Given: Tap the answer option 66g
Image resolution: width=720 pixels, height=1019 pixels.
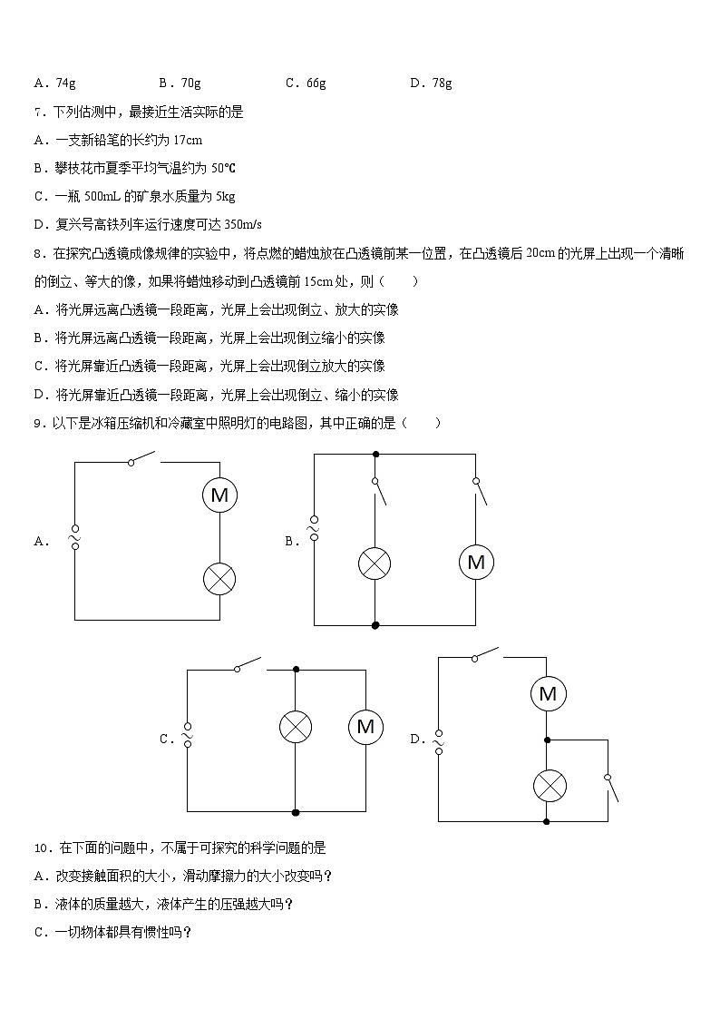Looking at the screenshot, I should pyautogui.click(x=316, y=83).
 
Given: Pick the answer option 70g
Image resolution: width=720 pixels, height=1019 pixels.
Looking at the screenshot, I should pyautogui.click(x=191, y=83).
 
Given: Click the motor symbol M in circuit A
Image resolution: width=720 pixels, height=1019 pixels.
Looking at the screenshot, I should pyautogui.click(x=219, y=495).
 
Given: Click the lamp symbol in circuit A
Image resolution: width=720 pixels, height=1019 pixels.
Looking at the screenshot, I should pyautogui.click(x=219, y=578).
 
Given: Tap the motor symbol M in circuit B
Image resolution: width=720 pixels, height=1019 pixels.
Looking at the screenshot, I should pyautogui.click(x=476, y=563).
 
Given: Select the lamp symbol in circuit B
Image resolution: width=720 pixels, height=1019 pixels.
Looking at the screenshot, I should pyautogui.click(x=375, y=563).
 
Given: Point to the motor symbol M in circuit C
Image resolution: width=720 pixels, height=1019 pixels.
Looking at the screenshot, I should pyautogui.click(x=365, y=727).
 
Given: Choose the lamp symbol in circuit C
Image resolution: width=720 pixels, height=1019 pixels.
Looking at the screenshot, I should pyautogui.click(x=295, y=727).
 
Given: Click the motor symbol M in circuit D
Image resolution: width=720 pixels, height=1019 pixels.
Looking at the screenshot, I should pyautogui.click(x=547, y=694).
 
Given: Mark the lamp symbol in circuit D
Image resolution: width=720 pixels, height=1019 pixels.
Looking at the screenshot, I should pyautogui.click(x=547, y=785).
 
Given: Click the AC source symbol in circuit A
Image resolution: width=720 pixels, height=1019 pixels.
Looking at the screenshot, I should pyautogui.click(x=74, y=540).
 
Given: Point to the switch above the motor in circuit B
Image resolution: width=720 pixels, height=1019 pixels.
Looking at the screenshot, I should pyautogui.click(x=480, y=490).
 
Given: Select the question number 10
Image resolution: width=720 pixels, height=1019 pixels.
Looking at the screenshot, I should pyautogui.click(x=40, y=848).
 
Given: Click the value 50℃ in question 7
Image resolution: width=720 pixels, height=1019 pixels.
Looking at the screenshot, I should pyautogui.click(x=223, y=169).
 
